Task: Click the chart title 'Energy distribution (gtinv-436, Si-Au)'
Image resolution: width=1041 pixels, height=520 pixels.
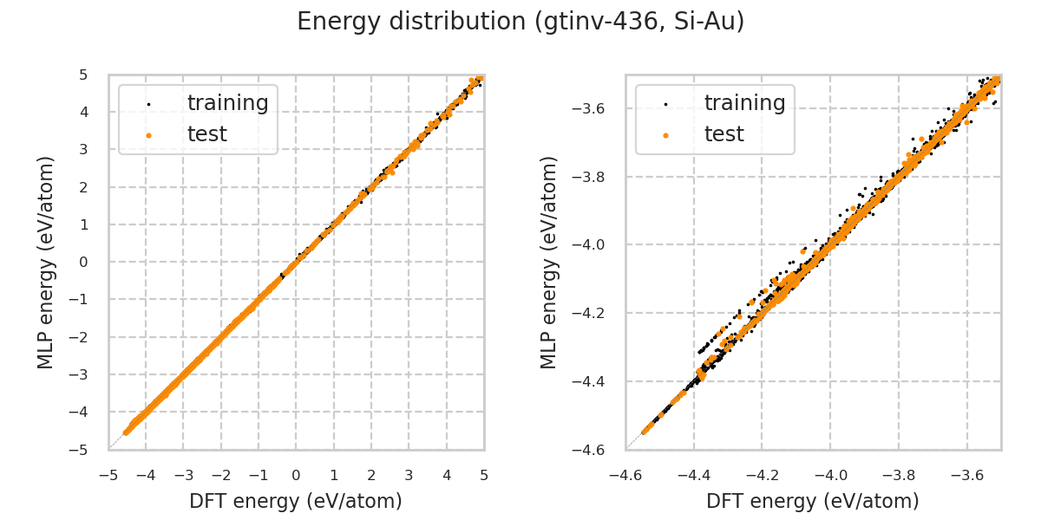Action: tap(520, 22)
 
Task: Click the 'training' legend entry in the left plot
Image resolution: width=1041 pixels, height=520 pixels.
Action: tap(227, 103)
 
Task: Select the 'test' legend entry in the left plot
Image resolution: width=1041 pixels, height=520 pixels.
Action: tap(206, 134)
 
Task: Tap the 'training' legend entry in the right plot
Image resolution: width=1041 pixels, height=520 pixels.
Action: tap(744, 103)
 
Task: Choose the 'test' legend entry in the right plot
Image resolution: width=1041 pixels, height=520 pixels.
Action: tap(723, 134)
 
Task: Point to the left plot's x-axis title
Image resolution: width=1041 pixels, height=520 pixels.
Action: tap(296, 501)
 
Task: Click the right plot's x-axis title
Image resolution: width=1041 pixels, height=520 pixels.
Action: tap(813, 501)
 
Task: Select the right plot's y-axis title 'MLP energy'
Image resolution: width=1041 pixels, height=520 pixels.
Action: tap(550, 262)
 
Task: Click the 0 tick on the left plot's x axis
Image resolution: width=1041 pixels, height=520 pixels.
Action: tap(296, 476)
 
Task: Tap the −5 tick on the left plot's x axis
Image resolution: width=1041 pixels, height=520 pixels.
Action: tap(108, 476)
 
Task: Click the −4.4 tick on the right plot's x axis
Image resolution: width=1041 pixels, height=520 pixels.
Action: tap(694, 476)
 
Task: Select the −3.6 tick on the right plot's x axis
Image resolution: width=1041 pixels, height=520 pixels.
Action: tap(966, 476)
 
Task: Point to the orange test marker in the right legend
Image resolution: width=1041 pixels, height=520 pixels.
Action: tap(665, 135)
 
